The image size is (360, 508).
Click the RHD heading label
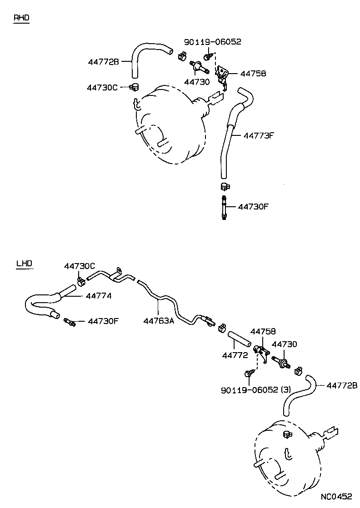point(21,18)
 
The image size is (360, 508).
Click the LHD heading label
point(24,263)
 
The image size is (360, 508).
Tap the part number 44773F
point(260,135)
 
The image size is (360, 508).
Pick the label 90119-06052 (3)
point(256,389)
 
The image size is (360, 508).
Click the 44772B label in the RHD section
point(103,61)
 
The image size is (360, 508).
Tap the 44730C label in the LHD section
point(80,266)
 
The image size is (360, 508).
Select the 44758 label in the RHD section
point(253,73)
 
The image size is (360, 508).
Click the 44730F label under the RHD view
point(254,207)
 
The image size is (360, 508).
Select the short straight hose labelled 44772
point(240,339)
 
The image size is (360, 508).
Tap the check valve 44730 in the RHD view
point(199,67)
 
